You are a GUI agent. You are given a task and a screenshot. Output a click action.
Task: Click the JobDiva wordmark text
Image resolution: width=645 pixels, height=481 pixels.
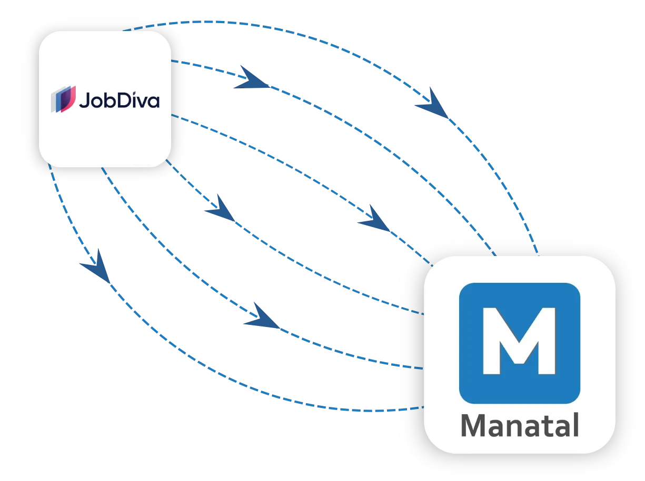pyautogui.click(x=120, y=100)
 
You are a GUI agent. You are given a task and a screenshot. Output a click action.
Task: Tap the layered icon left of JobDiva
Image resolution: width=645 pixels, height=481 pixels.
pyautogui.click(x=64, y=99)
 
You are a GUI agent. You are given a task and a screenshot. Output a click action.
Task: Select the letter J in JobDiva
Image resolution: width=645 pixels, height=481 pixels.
pyautogui.click(x=84, y=100)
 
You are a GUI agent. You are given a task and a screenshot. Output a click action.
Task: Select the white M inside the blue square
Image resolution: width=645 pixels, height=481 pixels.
pyautogui.click(x=519, y=341)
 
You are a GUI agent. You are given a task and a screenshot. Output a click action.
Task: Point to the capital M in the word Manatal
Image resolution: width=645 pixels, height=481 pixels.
pyautogui.click(x=473, y=425)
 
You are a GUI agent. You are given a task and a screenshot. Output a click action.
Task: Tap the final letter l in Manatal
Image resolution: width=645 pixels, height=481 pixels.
pyautogui.click(x=575, y=424)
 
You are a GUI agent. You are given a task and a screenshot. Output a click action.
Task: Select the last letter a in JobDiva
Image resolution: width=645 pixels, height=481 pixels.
pyautogui.click(x=154, y=102)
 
